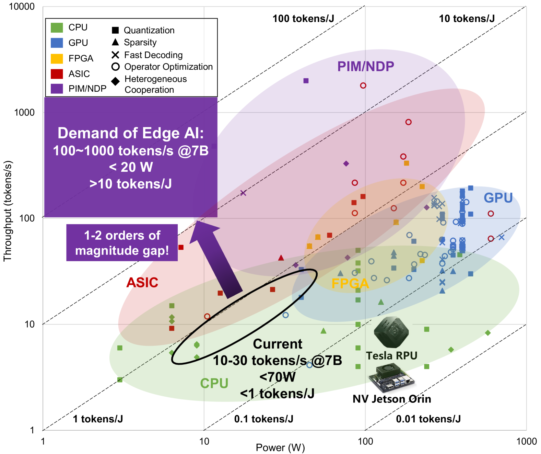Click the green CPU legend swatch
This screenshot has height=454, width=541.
tap(57, 27)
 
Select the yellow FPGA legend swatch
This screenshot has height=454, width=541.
tap(57, 58)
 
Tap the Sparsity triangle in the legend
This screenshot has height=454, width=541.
tap(115, 42)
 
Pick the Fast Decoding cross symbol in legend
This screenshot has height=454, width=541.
tap(115, 55)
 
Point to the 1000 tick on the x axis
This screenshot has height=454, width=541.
tap(526, 441)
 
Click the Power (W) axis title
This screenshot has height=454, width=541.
tap(280, 447)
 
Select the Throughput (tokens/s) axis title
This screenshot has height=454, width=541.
tap(8, 211)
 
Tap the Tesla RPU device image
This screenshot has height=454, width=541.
tap(391, 332)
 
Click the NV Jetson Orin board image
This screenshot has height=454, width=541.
tap(391, 378)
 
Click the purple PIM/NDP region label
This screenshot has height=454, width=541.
tap(365, 66)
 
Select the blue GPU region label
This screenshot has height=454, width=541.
tap(498, 198)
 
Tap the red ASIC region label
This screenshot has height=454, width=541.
tap(142, 282)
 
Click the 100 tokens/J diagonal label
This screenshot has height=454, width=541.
tap(303, 19)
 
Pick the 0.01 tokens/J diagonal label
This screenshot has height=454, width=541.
tap(428, 419)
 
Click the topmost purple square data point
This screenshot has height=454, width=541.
tap(306, 81)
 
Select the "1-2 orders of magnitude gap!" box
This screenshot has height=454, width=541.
tap(122, 243)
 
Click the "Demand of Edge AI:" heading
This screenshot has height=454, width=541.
tap(130, 133)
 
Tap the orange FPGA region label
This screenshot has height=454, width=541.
tap(350, 283)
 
